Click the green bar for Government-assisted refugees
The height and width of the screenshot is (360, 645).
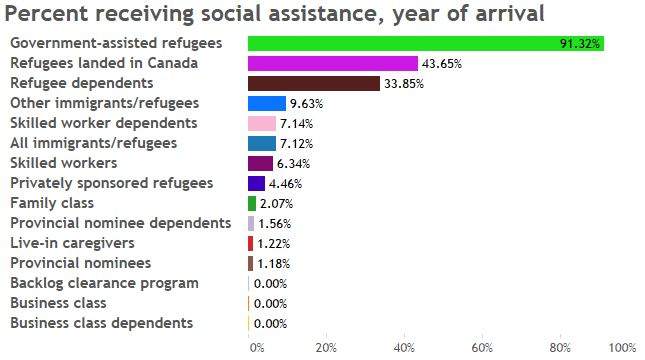coord(426,44)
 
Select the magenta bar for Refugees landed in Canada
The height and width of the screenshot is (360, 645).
coord(333,64)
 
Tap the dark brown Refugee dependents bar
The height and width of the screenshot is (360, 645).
coord(314,84)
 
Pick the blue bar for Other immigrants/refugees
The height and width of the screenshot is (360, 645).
coord(267,104)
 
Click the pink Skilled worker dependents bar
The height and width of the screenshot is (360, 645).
coord(262,123)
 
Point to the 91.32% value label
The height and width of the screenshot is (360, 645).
coord(580,44)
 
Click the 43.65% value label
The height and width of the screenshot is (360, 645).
coord(442,64)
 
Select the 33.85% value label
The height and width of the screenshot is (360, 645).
coord(404,84)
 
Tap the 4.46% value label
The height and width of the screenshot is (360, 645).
coord(285,183)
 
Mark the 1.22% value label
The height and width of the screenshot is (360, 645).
coord(274,244)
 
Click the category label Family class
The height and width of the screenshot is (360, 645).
coord(52,203)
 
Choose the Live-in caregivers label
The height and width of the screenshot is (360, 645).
coord(72,243)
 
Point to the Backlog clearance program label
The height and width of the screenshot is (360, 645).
coord(104,283)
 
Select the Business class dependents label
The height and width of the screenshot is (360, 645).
coord(102,323)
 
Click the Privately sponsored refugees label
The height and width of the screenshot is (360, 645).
coord(112,183)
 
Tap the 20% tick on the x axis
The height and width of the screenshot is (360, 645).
coord(326,348)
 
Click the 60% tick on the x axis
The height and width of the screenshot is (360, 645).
coord(482,348)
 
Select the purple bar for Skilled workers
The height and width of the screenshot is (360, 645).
coord(260,163)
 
